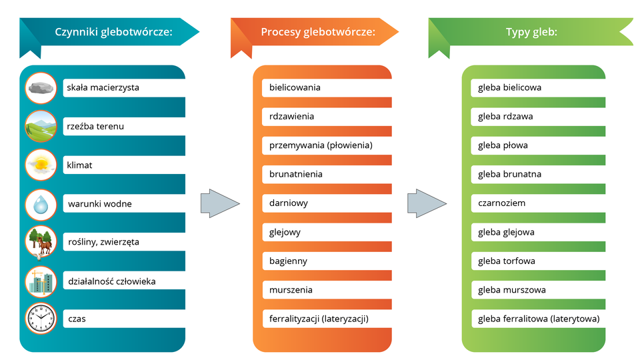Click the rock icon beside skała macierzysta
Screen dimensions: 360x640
41,87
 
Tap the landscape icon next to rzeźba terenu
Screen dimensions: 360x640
41,126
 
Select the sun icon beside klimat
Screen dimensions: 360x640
41,165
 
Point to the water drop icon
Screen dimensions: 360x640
41,203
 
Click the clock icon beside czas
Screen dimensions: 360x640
41,319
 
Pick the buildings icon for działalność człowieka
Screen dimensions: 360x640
41,281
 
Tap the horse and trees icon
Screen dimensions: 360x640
41,242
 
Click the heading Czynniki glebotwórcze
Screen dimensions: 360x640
113,31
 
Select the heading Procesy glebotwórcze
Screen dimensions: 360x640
318,31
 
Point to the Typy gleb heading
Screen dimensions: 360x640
531,31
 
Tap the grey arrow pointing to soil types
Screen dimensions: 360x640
426,203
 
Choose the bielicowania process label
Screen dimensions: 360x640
295,87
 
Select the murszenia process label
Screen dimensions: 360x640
291,290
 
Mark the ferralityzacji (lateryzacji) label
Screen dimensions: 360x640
319,319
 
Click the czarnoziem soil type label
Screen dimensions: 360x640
502,203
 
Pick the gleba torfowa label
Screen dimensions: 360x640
507,261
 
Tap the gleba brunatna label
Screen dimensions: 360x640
509,174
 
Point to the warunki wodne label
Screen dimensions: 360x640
100,204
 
